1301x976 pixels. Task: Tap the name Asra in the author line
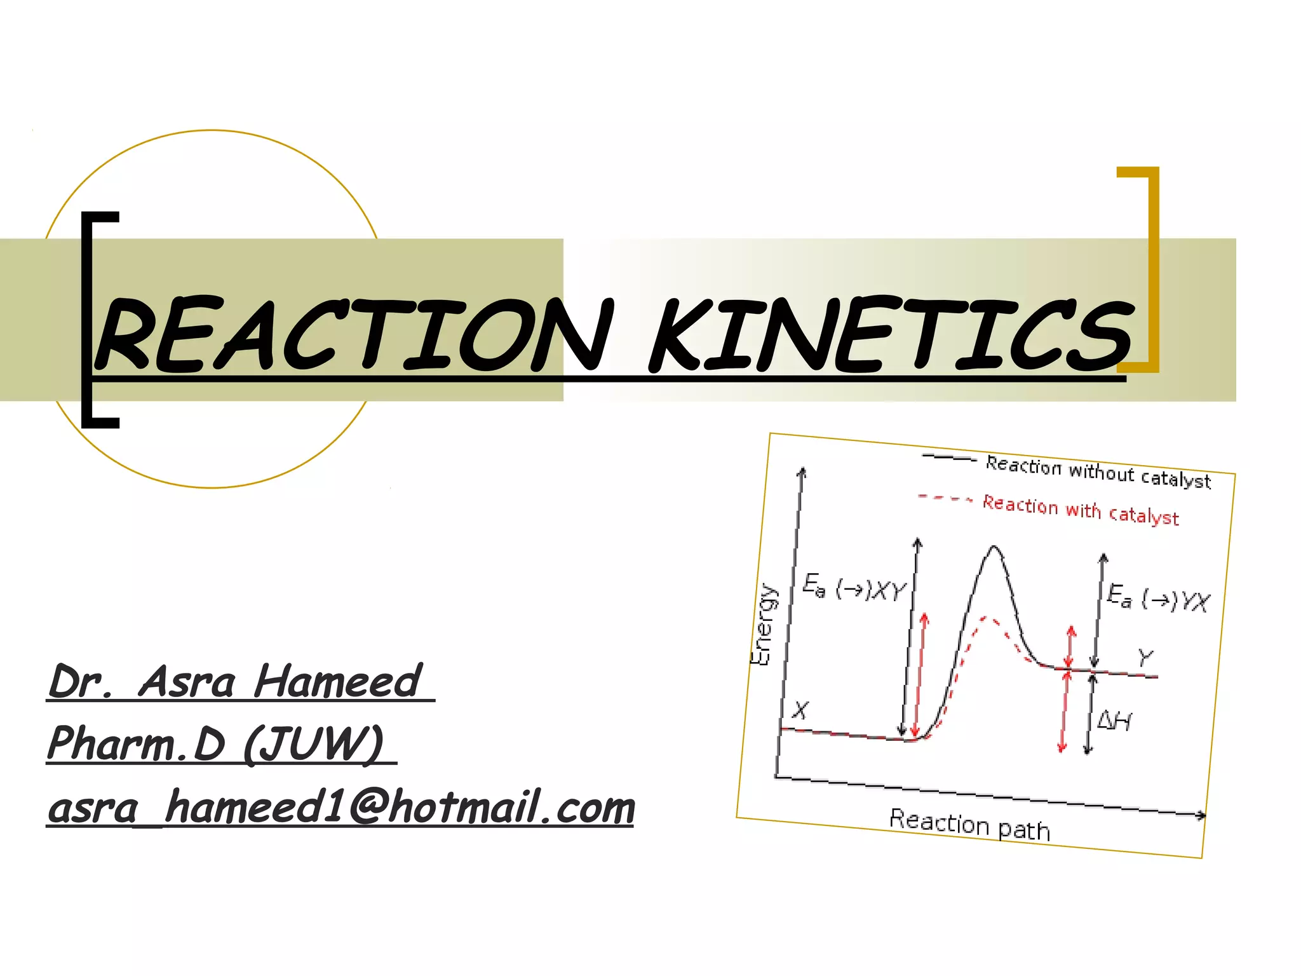(x=187, y=682)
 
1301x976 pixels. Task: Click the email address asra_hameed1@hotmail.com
(x=342, y=808)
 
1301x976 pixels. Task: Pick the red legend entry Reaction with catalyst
(x=1081, y=510)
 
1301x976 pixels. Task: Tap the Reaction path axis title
(x=969, y=825)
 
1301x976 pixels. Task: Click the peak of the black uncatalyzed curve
(x=994, y=547)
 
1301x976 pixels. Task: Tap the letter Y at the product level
(x=1145, y=657)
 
